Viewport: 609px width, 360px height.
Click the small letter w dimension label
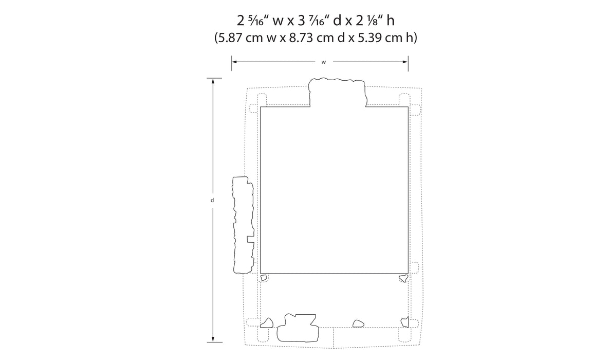click(x=324, y=62)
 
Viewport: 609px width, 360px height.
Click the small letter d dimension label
click(x=212, y=200)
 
